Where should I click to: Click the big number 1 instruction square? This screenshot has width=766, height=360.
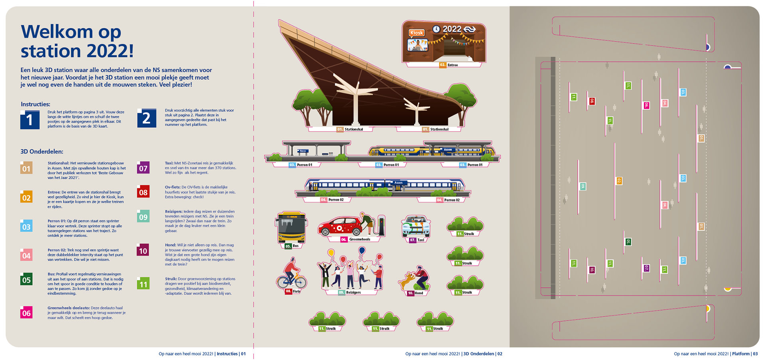coord(30,120)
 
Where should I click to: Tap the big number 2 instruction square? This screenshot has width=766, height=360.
coord(146,118)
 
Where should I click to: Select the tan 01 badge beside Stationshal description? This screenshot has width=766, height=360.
coord(26,168)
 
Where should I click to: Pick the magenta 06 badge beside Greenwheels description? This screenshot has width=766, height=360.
coord(26,313)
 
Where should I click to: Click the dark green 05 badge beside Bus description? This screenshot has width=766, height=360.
coord(26,279)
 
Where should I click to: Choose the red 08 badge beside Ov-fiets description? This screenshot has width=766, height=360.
coord(143,192)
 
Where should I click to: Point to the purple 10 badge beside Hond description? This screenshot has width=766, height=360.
coord(143,251)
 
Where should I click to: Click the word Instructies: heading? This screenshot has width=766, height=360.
coord(36,104)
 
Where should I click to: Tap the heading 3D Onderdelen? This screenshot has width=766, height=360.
coord(42,152)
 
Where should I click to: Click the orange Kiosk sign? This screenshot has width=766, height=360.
coord(417,33)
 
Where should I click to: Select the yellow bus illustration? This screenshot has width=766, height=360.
coord(292,227)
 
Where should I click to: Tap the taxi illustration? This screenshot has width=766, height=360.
coord(416,227)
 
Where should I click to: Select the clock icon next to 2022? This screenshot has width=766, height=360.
coord(436,29)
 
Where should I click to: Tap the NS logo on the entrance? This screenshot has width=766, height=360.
coord(470,29)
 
